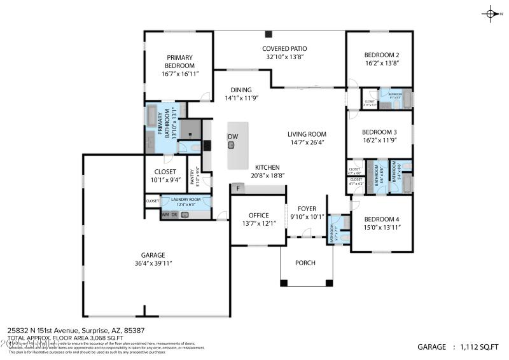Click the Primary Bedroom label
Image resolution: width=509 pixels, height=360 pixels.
pos(180,62)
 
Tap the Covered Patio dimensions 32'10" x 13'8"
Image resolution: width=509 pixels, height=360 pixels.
pos(284,57)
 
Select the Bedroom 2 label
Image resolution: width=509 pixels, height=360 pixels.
pos(382,55)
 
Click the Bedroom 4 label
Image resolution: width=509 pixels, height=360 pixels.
pos(382,219)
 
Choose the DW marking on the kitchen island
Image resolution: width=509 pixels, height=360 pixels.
pos(232,137)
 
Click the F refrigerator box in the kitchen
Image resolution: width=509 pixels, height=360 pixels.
pos(238,188)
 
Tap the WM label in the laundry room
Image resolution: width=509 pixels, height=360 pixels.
pos(165,215)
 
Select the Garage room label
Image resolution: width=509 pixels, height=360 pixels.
pos(153,255)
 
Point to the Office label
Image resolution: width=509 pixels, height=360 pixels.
pos(258,215)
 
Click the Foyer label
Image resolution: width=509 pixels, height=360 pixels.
pos(307,208)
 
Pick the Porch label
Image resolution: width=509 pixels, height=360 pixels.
pos(305,263)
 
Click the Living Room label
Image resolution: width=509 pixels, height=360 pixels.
pos(307,134)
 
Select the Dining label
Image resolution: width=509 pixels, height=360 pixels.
pos(241,90)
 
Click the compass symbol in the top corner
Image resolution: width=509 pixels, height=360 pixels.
pos(491,13)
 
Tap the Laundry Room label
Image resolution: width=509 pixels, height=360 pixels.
pos(185,200)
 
